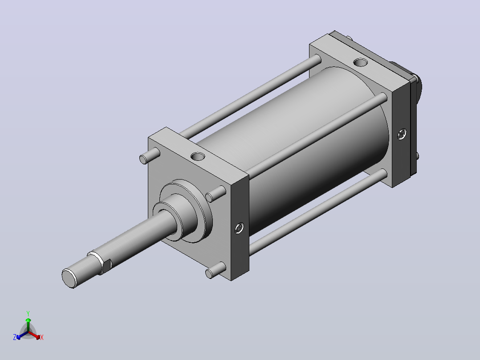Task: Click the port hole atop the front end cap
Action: click(x=198, y=156)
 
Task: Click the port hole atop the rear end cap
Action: click(x=361, y=62)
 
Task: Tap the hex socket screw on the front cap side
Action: click(x=239, y=228)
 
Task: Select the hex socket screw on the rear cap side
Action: click(x=402, y=134)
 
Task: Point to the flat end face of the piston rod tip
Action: click(x=69, y=278)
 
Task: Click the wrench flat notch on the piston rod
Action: click(x=106, y=266)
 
